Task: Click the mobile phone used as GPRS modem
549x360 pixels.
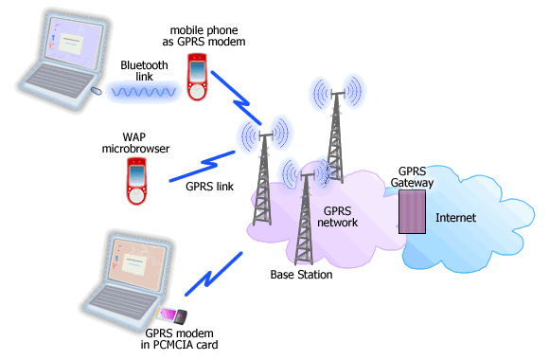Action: coord(197,80)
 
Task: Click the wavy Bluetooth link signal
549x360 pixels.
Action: coord(143,92)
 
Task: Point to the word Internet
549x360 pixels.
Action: coord(455,218)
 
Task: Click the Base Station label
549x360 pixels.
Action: coord(302,276)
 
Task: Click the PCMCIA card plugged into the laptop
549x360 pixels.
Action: coord(172,315)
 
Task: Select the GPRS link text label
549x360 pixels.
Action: coord(210,187)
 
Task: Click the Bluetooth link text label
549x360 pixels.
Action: coord(143,71)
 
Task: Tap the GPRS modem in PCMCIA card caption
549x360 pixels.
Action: coord(186,339)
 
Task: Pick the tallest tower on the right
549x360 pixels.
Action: coord(333,133)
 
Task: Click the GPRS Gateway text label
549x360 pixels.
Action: coord(411,176)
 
